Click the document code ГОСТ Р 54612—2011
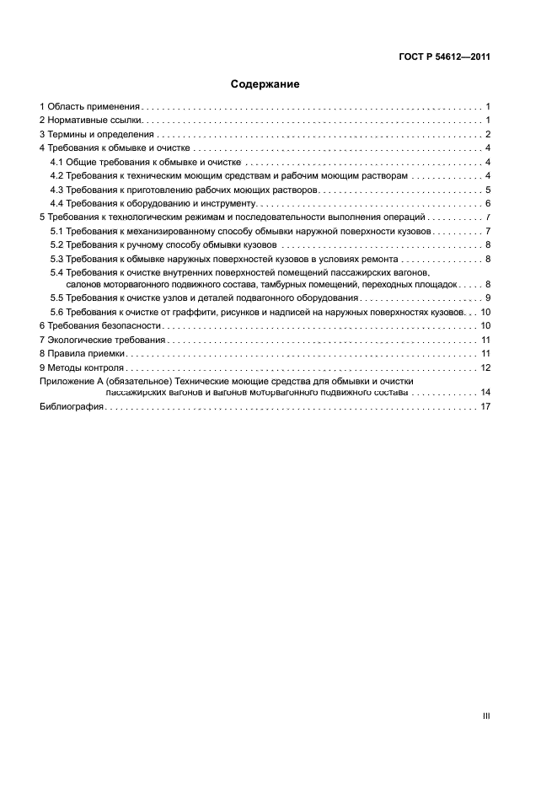pos(444,57)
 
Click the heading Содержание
pos(265,84)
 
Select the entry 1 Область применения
pos(89,107)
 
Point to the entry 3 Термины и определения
pos(97,135)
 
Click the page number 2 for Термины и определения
pos(488,135)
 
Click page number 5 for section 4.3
pos(488,190)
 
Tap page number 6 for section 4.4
pos(488,203)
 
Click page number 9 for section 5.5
pos(488,298)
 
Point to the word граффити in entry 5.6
pos(223,312)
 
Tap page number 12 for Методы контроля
pos(485,367)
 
